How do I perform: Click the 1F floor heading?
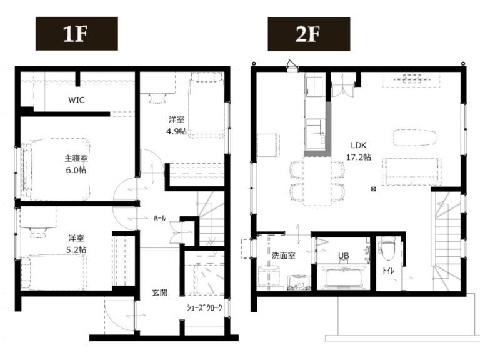[75, 34]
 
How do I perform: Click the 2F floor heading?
[307, 34]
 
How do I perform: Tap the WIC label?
[76, 100]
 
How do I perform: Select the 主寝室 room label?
[76, 158]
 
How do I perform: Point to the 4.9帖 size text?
[176, 131]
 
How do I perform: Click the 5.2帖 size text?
[76, 249]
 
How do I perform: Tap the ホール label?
[159, 218]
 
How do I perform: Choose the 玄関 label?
[159, 292]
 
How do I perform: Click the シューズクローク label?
[204, 307]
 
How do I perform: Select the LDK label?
[359, 145]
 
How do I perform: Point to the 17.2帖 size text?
[359, 157]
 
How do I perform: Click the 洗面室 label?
[284, 255]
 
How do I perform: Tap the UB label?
[344, 255]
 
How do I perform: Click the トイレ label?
[388, 271]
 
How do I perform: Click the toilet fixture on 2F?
[387, 247]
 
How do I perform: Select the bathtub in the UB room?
[343, 277]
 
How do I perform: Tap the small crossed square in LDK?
[373, 189]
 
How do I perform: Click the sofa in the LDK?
[412, 172]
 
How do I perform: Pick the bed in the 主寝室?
[56, 169]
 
